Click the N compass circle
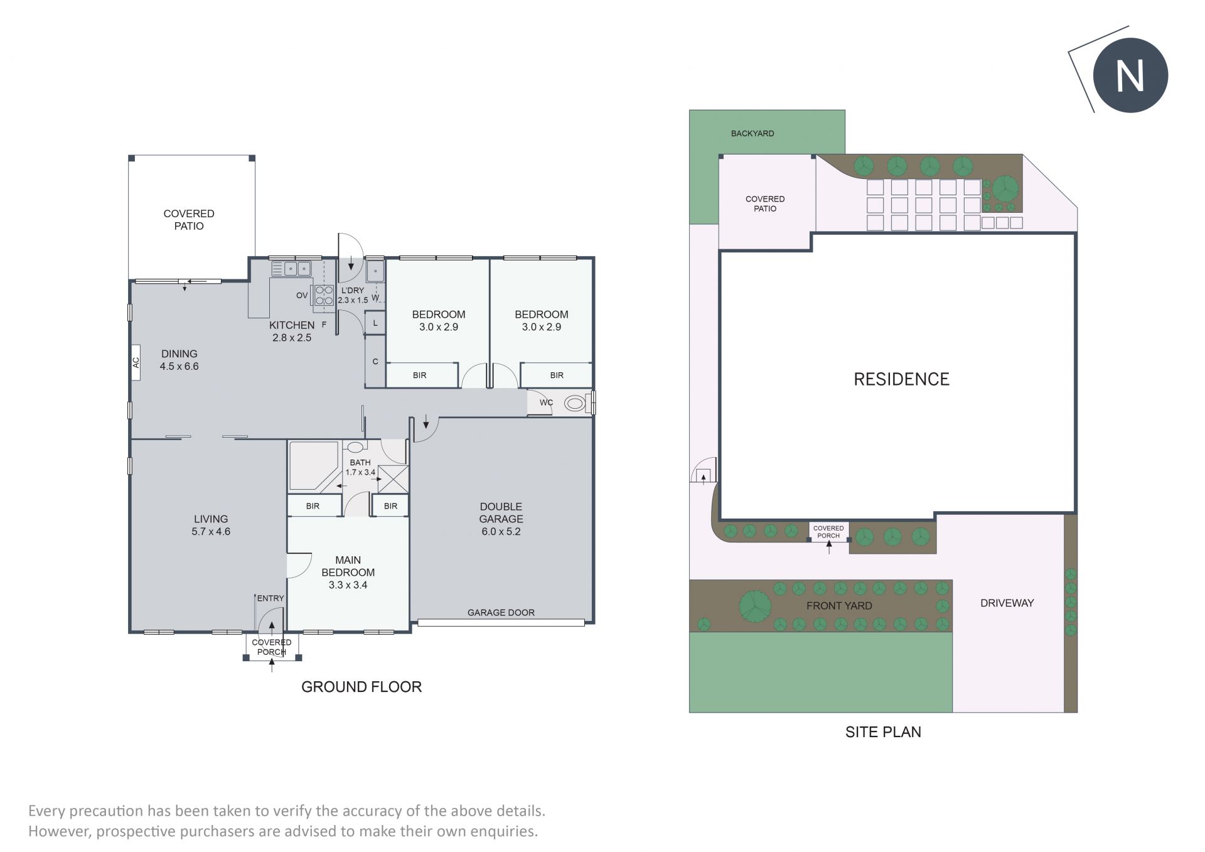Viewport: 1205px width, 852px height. tap(1130, 76)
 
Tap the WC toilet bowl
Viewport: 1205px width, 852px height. tap(575, 403)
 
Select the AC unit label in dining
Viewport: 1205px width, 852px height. tap(136, 363)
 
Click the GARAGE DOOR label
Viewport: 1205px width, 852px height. tap(501, 613)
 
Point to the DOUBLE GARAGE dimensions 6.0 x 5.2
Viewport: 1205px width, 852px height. tap(501, 531)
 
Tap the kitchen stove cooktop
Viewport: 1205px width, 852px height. tap(324, 295)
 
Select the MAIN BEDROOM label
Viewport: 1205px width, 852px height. tap(348, 566)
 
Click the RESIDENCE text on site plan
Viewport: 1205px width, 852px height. tap(901, 379)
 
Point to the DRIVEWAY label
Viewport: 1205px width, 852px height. tap(1007, 603)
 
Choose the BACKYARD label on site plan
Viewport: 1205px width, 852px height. tap(752, 134)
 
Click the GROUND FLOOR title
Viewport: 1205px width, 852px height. tap(361, 687)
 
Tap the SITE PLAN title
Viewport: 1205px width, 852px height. tap(883, 732)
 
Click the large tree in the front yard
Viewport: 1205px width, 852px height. tap(754, 607)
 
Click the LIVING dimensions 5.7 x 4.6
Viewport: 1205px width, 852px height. tap(211, 531)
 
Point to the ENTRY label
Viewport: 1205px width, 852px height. tap(270, 598)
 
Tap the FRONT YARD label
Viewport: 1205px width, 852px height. tap(839, 606)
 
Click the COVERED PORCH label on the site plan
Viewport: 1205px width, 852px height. tap(828, 532)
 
